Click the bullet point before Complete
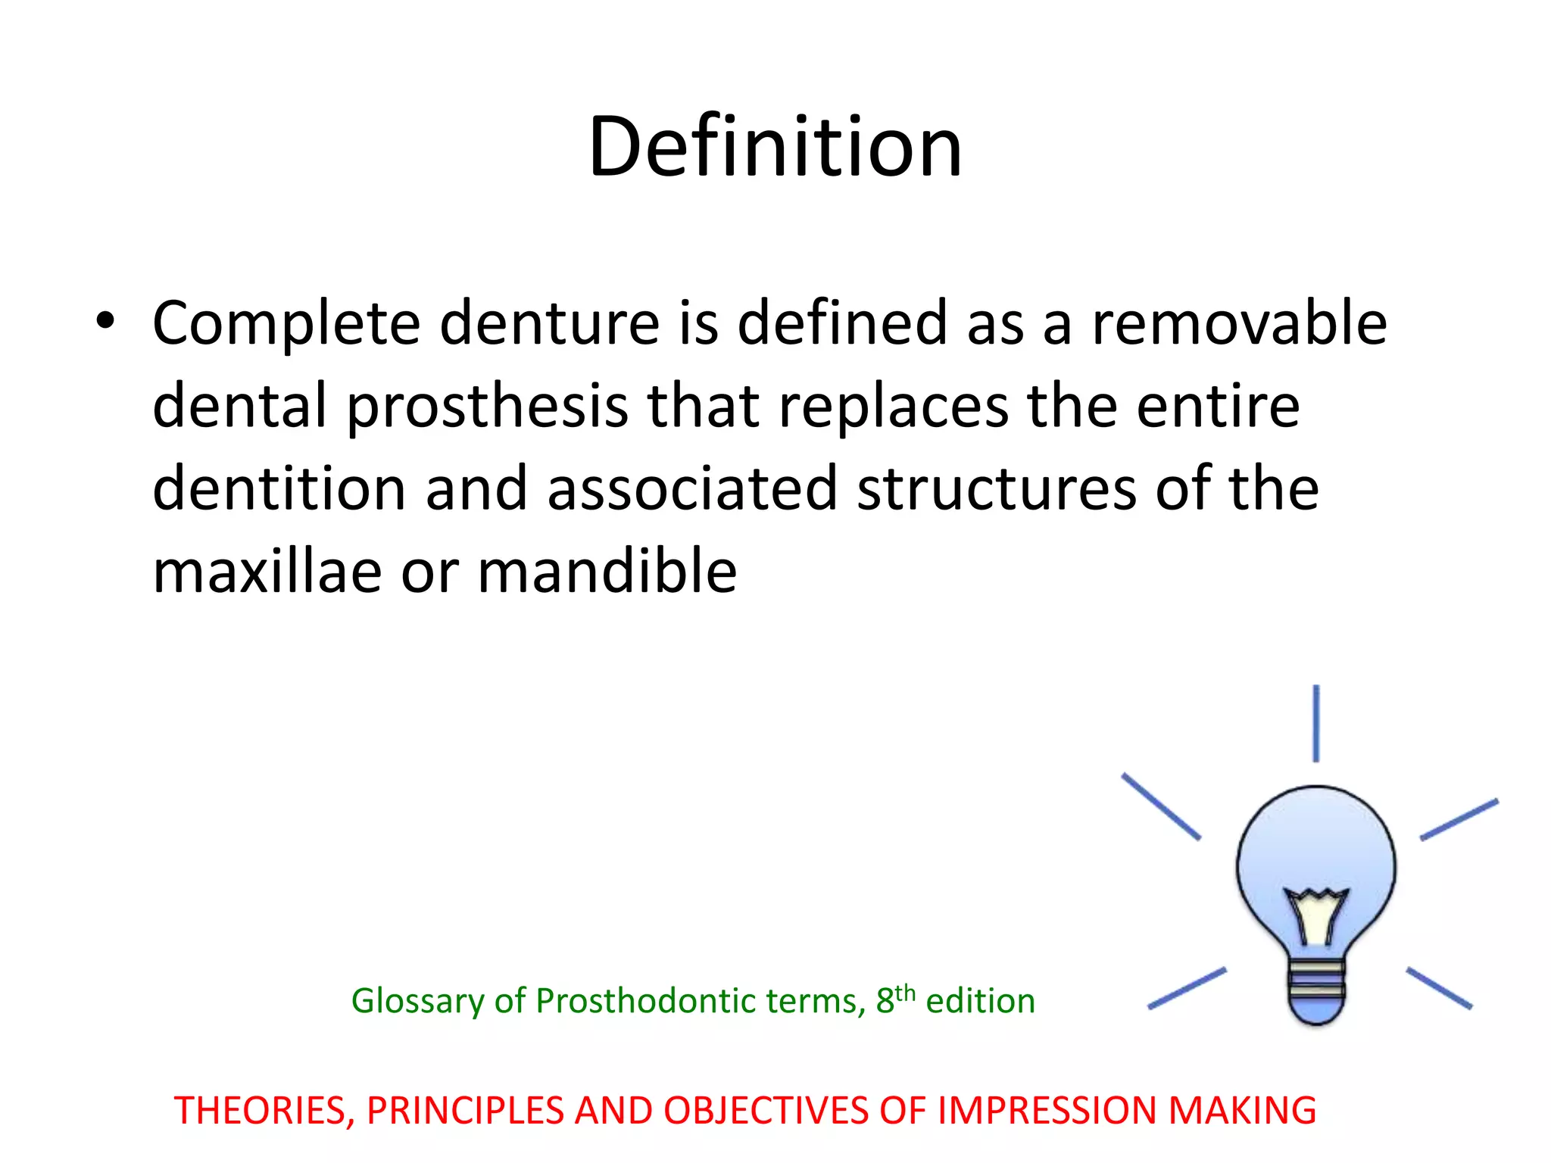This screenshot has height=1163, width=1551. click(105, 322)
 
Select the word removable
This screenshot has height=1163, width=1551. click(1239, 323)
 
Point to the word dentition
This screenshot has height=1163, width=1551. click(279, 488)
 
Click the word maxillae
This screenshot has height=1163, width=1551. click(267, 572)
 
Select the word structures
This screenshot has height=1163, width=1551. click(997, 488)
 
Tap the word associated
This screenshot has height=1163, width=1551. click(691, 488)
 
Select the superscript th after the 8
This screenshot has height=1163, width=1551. click(905, 992)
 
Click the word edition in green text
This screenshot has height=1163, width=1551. click(980, 1001)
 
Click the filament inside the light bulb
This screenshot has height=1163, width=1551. click(1316, 915)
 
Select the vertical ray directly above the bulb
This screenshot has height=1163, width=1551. click(1316, 723)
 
